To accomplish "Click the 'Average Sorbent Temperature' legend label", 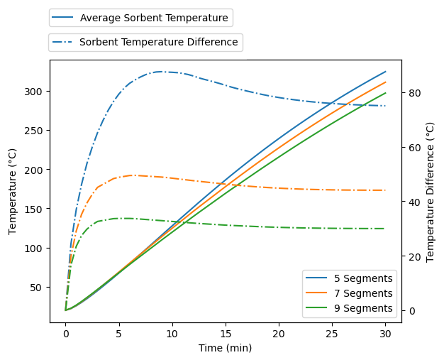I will (x=154, y=18).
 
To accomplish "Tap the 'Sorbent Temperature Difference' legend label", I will (x=158, y=42).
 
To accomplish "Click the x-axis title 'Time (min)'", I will (x=226, y=348).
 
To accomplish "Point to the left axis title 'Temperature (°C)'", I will (x=13, y=191).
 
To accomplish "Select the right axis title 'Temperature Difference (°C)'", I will (x=430, y=191).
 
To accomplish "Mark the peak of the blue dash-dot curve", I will (x=161, y=72).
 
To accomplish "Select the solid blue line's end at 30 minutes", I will (x=386, y=72).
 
